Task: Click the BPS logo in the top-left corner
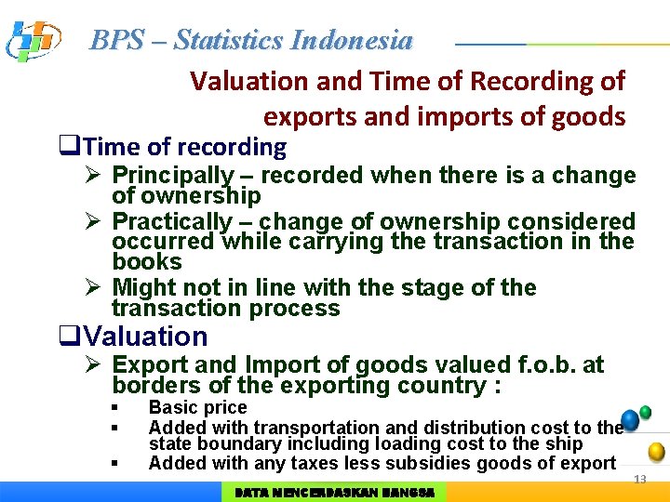coord(33,40)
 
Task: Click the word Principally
coord(172,176)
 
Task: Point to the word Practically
coord(171,222)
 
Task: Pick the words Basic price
coord(197,407)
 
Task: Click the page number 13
coord(639,480)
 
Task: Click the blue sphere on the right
coord(630,420)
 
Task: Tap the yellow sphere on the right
coord(656,452)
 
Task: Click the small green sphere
coord(646,412)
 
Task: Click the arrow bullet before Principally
coord(93,176)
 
